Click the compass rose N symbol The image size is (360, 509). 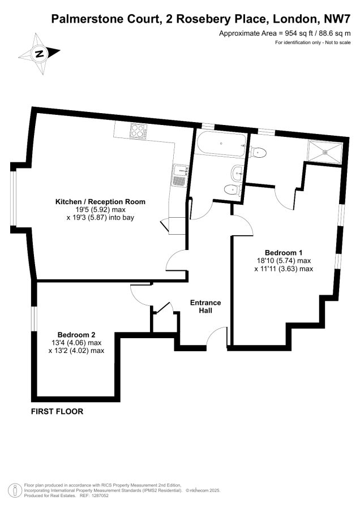pyautogui.click(x=40, y=54)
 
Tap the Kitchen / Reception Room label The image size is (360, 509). pyautogui.click(x=100, y=201)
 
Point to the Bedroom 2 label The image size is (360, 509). pyautogui.click(x=76, y=335)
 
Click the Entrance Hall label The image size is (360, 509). pyautogui.click(x=205, y=307)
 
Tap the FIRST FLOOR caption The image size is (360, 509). pyautogui.click(x=57, y=411)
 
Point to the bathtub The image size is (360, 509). pyautogui.click(x=221, y=144)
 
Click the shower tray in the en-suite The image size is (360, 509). pyautogui.click(x=324, y=151)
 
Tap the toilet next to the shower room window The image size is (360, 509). pyautogui.click(x=258, y=152)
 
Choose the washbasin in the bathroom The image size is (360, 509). pyautogui.click(x=237, y=172)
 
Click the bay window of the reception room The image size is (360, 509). pyautogui.click(x=13, y=198)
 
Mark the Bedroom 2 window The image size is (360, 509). pyautogui.click(x=34, y=319)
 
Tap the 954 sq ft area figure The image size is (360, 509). pyautogui.click(x=297, y=33)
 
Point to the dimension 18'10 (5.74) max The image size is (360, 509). pyautogui.click(x=284, y=261)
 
